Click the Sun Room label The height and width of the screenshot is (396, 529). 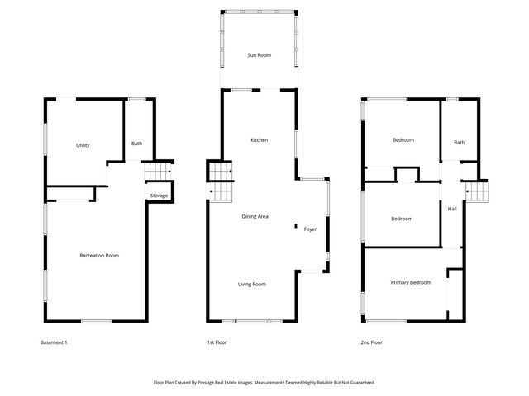point(259,55)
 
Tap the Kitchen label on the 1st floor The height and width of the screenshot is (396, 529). point(259,140)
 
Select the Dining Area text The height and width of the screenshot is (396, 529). point(255,216)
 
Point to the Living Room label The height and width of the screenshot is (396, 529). point(252,284)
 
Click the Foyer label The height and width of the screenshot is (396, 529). point(310,229)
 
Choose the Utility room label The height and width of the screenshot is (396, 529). point(83,145)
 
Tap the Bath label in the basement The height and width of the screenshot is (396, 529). point(136,144)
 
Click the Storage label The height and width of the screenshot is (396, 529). point(159,196)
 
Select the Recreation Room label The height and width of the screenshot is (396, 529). point(99,256)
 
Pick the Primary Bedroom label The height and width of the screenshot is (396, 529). point(411,282)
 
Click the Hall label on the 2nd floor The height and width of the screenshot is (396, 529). point(452,209)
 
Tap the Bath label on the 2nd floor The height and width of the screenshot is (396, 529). point(459,142)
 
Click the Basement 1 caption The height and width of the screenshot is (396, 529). point(54,342)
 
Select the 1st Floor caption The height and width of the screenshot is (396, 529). point(217,342)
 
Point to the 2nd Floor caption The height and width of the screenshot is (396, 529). point(372,342)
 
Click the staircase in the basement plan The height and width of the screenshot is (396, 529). point(157,171)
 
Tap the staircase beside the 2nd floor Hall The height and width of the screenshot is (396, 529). point(479,192)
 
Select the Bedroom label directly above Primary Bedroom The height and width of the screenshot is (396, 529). point(402,219)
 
